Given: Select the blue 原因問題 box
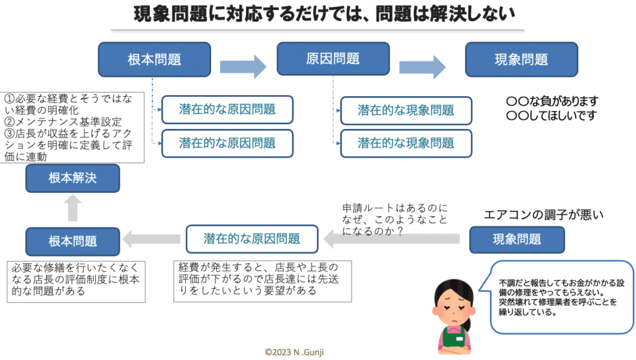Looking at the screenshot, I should click(x=333, y=59).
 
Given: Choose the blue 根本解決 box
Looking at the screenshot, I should click(x=73, y=178).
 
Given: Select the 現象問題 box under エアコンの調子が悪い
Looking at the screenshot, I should click(x=517, y=239).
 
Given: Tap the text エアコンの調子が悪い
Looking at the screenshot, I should click(x=544, y=215).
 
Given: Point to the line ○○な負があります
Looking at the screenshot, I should click(x=552, y=101).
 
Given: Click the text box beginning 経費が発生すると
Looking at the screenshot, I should click(x=263, y=280).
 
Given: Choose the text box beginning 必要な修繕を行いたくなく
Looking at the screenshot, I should click(x=76, y=281).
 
